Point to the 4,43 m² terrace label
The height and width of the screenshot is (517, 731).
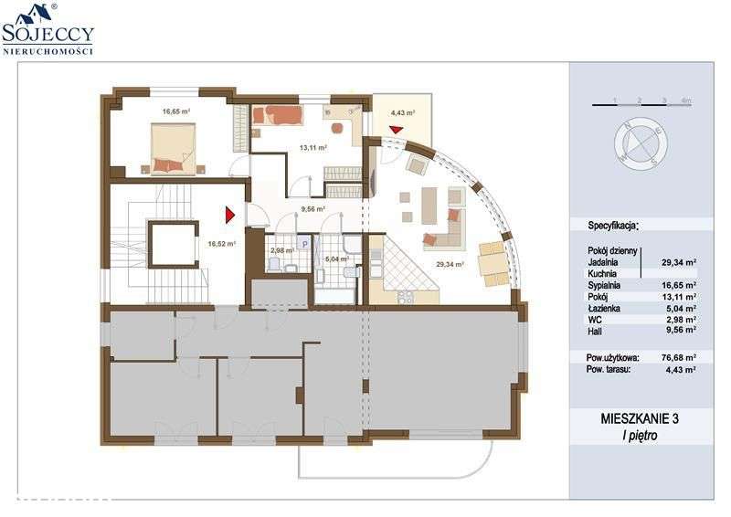[x=403, y=113]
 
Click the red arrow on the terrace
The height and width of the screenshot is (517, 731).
[x=395, y=130]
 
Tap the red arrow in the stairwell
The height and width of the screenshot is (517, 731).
[x=231, y=215]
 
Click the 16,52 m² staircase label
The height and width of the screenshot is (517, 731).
[x=221, y=244]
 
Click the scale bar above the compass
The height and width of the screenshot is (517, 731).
[x=641, y=105]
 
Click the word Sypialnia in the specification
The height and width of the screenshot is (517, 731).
[x=604, y=285]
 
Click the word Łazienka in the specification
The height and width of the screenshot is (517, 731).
[x=604, y=310]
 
